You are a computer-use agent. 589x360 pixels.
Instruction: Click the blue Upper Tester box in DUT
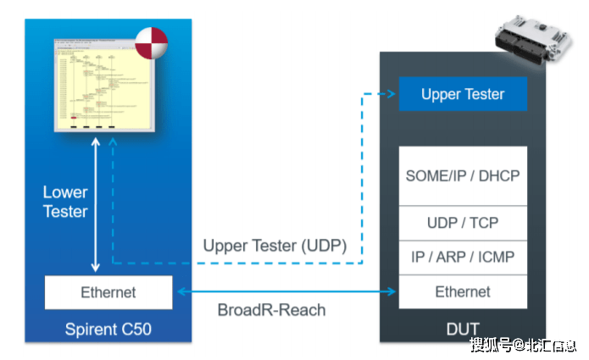463,94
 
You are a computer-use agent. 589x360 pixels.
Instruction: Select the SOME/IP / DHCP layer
463,176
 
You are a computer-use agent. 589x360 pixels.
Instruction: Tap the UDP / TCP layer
463,223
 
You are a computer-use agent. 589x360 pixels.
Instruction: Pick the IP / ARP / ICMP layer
463,257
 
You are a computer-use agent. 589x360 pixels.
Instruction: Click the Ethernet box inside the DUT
463,291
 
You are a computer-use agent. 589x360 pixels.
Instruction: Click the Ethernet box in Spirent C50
108,292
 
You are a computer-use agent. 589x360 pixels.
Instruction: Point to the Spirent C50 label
108,328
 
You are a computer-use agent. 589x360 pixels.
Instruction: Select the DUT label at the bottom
463,328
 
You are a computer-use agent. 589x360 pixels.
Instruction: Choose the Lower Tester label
65,202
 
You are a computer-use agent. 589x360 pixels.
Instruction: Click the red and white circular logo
150,42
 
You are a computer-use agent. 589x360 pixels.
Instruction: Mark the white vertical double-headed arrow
95,202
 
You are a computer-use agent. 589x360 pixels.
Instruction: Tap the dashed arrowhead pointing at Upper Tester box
392,94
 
